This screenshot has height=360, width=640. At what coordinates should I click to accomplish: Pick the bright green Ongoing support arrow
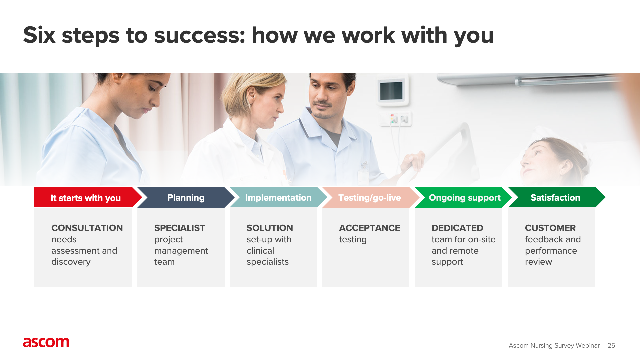coord(463,197)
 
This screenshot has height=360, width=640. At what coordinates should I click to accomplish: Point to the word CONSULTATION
coord(87,228)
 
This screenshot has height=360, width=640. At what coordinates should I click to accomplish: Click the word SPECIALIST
coord(180,228)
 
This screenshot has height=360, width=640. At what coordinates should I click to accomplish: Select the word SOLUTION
coord(270,228)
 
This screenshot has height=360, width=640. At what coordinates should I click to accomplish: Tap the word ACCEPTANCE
coord(370,228)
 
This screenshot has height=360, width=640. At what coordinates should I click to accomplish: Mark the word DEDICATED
coord(457,228)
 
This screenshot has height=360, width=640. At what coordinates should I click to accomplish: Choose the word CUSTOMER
coord(550,228)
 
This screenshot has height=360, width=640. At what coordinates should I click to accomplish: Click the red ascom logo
coord(46,342)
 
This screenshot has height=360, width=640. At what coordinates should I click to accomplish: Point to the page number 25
coord(611,346)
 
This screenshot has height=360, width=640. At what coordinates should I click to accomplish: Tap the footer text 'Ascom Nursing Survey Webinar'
coord(554,346)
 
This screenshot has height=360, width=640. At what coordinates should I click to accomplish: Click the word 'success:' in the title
coord(200,35)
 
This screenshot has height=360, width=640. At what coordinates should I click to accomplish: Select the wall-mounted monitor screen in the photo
coord(391,91)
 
